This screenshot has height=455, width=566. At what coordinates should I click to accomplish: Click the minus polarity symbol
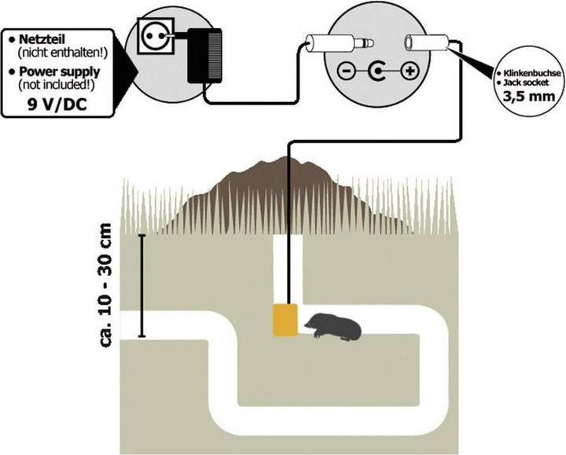[347, 73]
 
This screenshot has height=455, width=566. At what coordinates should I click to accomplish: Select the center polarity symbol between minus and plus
[377, 73]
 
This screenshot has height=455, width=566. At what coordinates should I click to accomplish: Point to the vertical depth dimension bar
[141, 286]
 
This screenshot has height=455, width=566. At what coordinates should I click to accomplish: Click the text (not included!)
[64, 83]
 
